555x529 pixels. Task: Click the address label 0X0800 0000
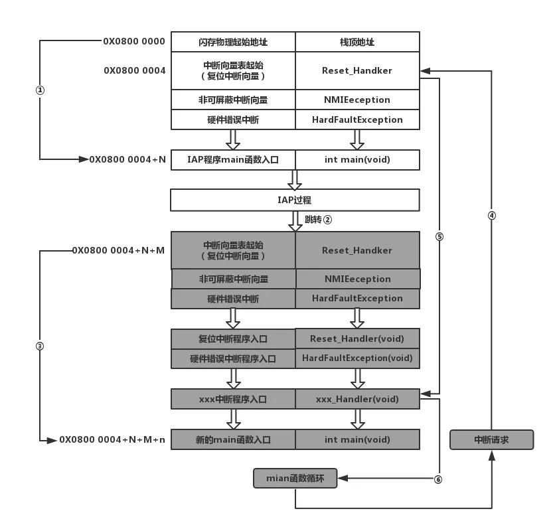click(x=134, y=41)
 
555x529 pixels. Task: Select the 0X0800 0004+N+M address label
click(x=119, y=250)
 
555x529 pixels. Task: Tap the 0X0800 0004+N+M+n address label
click(x=113, y=439)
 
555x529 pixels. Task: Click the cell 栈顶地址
click(x=357, y=42)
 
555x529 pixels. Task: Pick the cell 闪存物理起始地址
click(x=233, y=42)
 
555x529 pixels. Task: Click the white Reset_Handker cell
click(x=357, y=70)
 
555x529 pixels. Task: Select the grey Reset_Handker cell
click(x=357, y=250)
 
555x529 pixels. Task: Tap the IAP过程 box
click(x=295, y=200)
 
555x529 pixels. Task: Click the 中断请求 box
click(x=491, y=439)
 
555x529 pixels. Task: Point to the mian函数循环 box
click(x=295, y=478)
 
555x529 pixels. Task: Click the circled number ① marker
click(x=40, y=91)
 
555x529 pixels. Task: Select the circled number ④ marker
click(x=492, y=215)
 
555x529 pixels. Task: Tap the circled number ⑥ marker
click(x=438, y=479)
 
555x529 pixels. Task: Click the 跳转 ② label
click(x=318, y=219)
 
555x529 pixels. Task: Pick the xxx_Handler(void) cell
click(x=357, y=399)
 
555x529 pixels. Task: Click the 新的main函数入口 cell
click(x=233, y=439)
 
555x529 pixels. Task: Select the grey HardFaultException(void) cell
click(x=357, y=358)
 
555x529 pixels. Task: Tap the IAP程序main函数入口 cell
click(x=233, y=159)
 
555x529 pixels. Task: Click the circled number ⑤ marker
click(x=439, y=236)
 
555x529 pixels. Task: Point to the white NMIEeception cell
click(x=357, y=100)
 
